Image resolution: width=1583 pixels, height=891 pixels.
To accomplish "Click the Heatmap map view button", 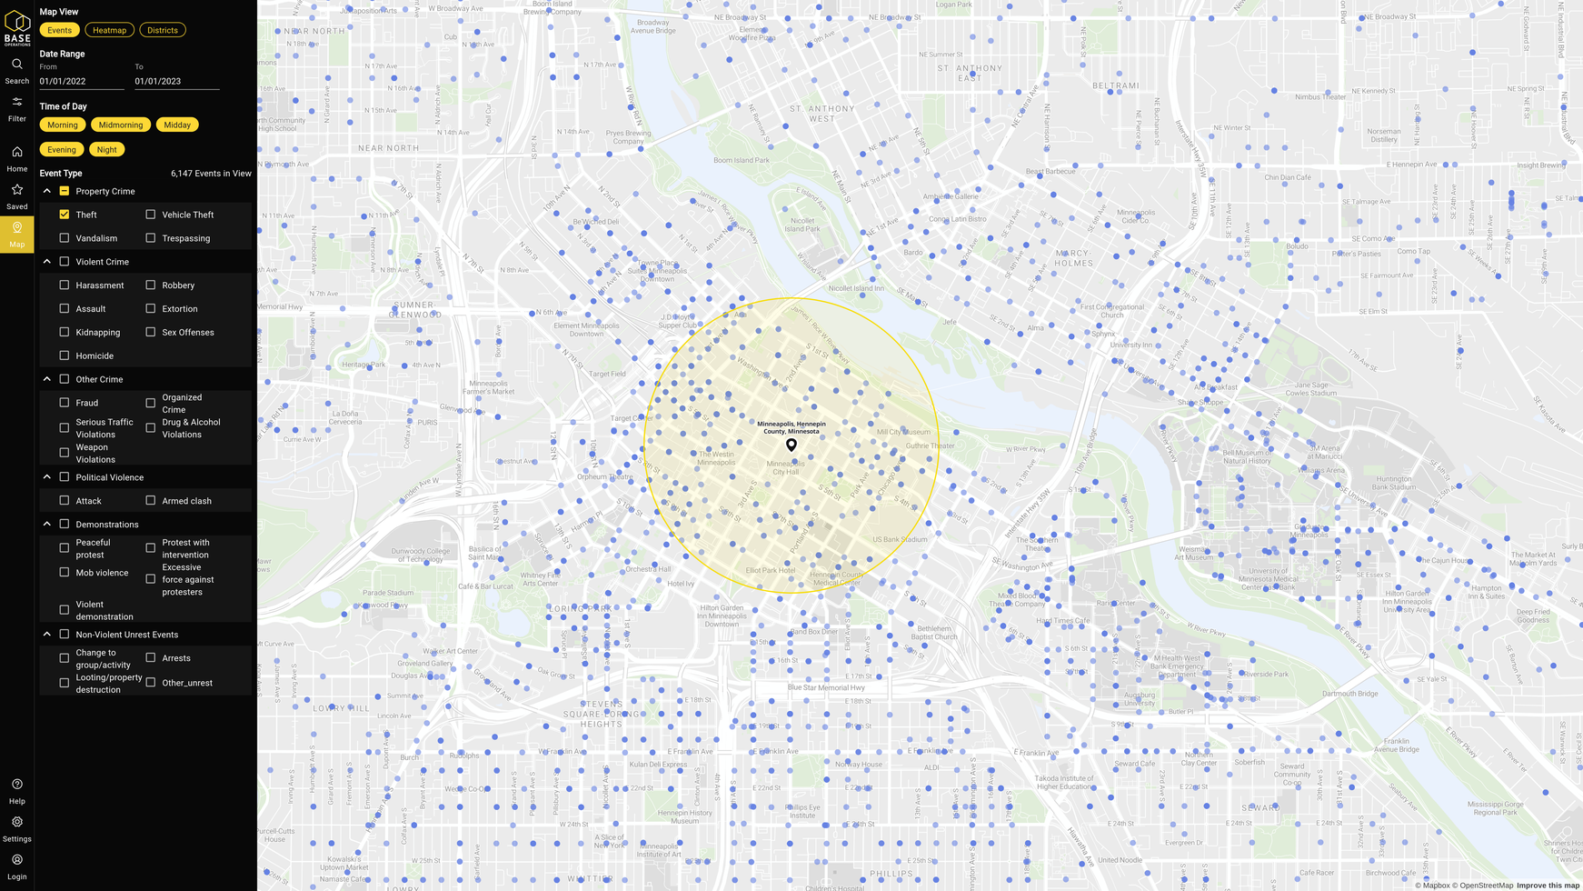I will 109,30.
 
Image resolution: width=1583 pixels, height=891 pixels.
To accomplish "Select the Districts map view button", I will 163,30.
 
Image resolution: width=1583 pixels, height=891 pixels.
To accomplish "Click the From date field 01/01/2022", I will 81,81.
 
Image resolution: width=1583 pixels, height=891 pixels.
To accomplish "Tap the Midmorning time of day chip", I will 121,125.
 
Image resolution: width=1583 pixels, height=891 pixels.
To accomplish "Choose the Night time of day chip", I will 106,149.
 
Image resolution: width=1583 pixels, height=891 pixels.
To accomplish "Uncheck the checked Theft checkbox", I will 65,215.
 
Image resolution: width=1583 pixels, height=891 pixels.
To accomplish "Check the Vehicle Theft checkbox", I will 151,215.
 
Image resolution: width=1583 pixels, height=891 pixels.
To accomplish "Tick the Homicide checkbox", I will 65,355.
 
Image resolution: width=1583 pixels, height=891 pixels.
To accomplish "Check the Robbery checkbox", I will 151,285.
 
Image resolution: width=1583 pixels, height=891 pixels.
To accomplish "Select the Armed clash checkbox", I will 151,501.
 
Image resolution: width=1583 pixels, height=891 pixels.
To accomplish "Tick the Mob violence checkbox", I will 65,573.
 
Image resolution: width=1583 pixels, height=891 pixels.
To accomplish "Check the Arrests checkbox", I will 151,658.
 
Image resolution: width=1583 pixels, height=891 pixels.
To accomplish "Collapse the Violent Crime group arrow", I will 47,262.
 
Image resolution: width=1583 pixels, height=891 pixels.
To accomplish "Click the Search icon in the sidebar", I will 17,65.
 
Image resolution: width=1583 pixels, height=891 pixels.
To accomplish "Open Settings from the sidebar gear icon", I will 17,822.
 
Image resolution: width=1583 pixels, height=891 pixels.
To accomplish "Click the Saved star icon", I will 17,190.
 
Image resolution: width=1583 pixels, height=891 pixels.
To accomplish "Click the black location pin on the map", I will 791,445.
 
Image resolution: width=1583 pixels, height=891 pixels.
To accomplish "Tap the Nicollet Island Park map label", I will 802,224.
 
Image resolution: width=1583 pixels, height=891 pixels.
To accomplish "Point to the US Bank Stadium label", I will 899,539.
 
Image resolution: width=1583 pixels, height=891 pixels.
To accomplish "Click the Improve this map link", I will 1548,886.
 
